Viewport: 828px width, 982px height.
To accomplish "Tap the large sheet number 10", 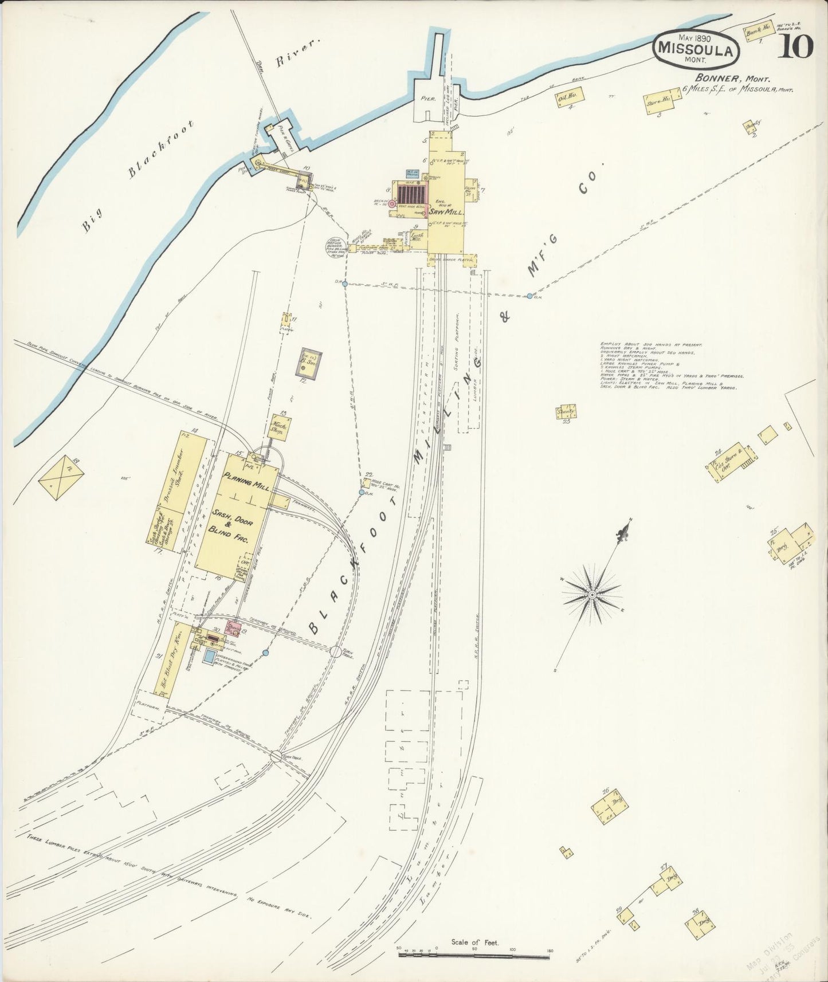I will (795, 48).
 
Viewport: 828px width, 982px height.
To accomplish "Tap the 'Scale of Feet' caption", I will (475, 942).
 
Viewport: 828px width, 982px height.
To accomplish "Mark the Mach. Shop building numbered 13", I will (281, 426).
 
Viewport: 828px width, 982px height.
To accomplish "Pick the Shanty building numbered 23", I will (566, 411).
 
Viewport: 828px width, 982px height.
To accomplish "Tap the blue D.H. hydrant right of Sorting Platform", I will (529, 296).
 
